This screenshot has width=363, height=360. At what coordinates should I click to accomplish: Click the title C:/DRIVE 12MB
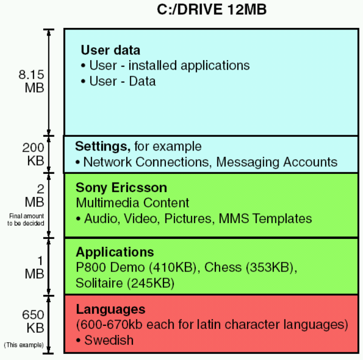coord(211,10)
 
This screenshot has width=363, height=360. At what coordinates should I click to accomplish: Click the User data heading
coord(110,50)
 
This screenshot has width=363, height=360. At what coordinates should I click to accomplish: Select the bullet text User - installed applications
coord(169,66)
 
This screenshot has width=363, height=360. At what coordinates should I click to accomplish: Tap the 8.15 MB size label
coord(31,81)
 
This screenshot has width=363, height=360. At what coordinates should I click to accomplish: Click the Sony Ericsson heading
coord(121,187)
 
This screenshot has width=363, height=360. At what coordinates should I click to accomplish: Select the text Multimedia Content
coord(132,203)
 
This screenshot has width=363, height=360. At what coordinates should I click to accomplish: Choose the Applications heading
coord(115,252)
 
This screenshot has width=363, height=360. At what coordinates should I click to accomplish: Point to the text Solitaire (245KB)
coord(125,283)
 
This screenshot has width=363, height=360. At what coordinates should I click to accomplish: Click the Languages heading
coord(110,309)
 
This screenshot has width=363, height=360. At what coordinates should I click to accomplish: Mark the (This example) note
coord(23,345)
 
